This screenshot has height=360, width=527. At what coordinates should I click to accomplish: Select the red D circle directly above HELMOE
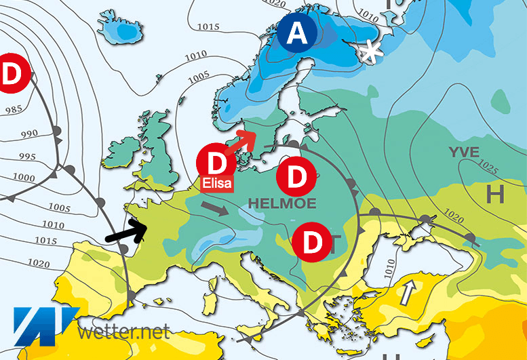coord(296,177)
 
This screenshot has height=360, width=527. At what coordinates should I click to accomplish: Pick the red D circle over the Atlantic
coord(9,73)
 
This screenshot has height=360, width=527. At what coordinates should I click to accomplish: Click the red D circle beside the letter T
coord(311,242)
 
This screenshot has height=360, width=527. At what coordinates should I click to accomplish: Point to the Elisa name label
coord(216,182)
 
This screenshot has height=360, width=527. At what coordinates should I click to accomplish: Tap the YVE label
coord(463,152)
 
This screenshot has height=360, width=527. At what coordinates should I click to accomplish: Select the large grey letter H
coord(496,195)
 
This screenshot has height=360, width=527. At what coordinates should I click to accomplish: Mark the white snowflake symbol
coord(370,52)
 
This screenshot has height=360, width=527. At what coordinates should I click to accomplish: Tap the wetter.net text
coord(123,333)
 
